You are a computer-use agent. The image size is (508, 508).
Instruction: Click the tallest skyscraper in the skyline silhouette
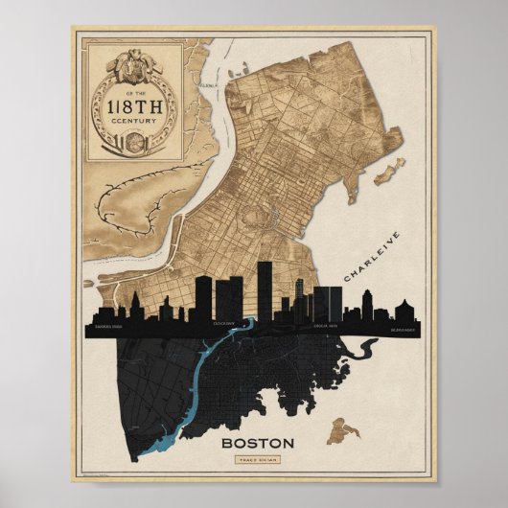tap(265, 288)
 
